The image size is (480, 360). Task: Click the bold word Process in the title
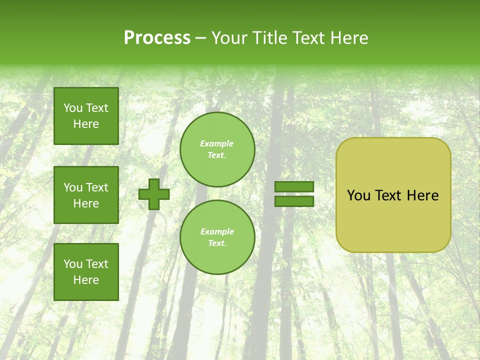point(157,38)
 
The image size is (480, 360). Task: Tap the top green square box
point(86,116)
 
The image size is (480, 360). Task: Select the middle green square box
point(86,195)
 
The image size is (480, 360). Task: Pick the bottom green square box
point(86,272)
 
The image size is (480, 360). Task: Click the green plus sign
point(154,194)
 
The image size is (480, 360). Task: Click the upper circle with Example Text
point(217,149)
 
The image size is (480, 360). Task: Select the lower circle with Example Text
point(217,237)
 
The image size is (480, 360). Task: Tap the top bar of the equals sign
point(294,187)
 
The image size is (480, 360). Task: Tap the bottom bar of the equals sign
point(294,201)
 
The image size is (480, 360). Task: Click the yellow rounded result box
point(393,195)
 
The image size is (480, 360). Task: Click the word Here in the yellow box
point(422,195)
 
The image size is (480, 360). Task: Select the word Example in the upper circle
point(216,144)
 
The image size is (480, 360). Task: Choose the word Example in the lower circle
point(217,232)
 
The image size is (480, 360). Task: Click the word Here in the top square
point(86,124)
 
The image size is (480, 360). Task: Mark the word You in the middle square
point(73,187)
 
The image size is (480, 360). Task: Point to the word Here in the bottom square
point(86,280)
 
